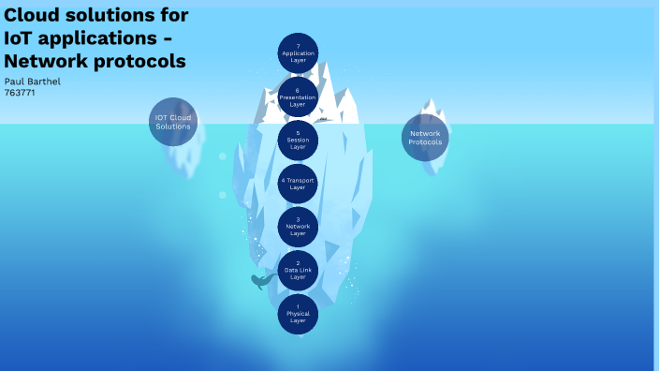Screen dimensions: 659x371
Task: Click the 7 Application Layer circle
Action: [298, 52]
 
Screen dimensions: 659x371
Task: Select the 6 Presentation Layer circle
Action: [298, 96]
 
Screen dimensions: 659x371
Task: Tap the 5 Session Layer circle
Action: [298, 141]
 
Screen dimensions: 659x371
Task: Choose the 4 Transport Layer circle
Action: [298, 184]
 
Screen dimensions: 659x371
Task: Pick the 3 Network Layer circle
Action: [298, 227]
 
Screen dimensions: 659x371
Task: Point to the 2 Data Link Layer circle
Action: [298, 271]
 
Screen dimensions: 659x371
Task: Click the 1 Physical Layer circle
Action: [298, 314]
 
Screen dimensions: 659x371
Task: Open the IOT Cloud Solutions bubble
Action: [173, 122]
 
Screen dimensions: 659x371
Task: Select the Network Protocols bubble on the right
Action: [425, 138]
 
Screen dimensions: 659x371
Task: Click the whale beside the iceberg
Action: [261, 280]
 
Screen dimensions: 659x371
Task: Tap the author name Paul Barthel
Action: [33, 82]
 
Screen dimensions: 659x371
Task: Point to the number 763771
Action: [20, 93]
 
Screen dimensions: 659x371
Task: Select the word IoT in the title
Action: [21, 38]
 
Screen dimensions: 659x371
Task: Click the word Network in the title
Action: [43, 62]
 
